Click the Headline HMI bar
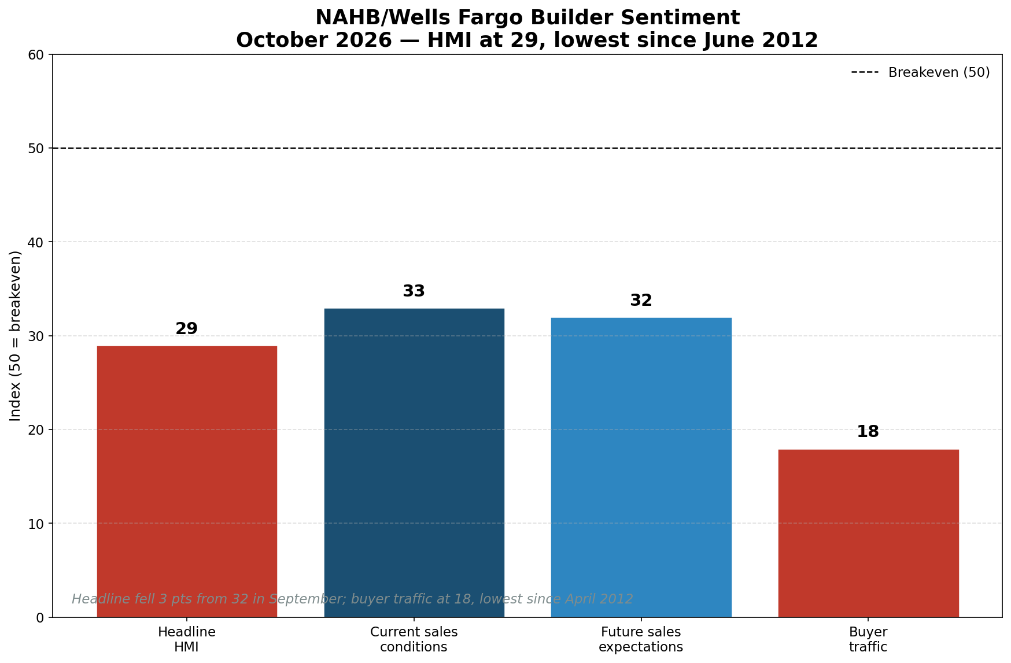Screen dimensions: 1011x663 187,481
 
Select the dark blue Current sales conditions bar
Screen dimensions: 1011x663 414,463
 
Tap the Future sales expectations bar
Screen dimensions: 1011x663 641,468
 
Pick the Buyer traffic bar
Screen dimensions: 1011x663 868,534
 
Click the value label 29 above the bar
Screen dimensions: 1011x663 187,329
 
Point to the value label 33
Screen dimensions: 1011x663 414,291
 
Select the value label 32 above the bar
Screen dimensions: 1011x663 641,301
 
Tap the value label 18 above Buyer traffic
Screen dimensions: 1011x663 868,432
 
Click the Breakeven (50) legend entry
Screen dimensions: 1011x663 921,73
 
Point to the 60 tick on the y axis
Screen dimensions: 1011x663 36,55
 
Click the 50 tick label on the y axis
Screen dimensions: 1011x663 36,149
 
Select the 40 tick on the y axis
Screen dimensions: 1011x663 36,242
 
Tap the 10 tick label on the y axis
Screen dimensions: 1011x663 36,524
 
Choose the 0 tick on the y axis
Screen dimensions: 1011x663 40,618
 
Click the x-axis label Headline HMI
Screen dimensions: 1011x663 187,639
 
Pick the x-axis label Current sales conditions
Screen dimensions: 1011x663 414,639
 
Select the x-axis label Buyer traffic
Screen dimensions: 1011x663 868,639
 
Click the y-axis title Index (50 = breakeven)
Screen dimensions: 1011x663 16,336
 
